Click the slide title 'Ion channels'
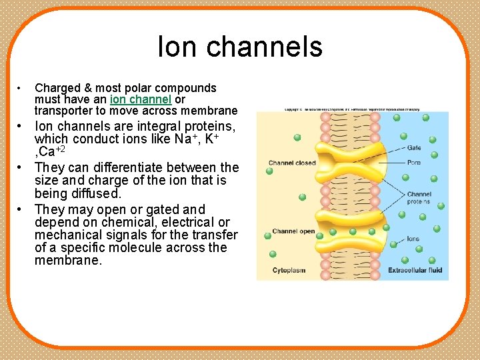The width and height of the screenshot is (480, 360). click(240, 47)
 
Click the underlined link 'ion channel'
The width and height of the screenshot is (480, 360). click(141, 99)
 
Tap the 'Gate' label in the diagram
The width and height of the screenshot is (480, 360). click(414, 148)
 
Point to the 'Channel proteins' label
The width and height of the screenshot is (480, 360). click(419, 198)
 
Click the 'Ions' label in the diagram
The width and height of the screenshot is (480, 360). click(413, 239)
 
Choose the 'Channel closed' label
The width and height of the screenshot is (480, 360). click(292, 163)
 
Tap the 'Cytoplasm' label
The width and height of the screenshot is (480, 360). click(289, 270)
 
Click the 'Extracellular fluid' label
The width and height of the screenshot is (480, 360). click(415, 270)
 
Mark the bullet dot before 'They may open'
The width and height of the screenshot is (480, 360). click(21, 209)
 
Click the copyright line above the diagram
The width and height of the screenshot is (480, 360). click(352, 109)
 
